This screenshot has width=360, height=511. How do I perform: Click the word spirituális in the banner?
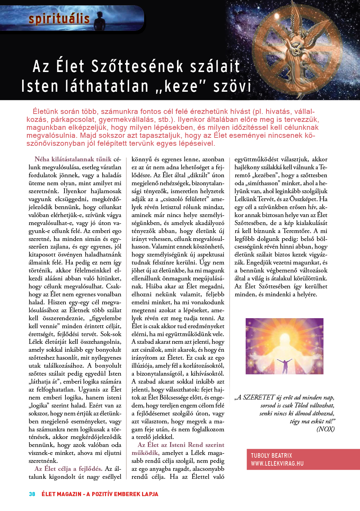pyautogui.click(x=59, y=19)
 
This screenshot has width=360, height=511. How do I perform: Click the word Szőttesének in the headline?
pyautogui.click(x=137, y=66)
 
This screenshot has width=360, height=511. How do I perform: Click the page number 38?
pyautogui.click(x=32, y=494)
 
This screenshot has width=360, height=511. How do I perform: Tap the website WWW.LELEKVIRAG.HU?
pyautogui.click(x=277, y=464)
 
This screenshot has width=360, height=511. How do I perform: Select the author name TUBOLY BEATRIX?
pyautogui.click(x=271, y=456)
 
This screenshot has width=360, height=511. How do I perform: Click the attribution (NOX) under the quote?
pyautogui.click(x=325, y=429)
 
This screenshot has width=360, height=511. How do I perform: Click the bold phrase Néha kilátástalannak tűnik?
pyautogui.click(x=73, y=159)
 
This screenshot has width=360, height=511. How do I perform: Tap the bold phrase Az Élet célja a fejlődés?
pyautogui.click(x=68, y=469)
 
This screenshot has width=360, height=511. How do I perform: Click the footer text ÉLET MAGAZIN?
pyautogui.click(x=61, y=494)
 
